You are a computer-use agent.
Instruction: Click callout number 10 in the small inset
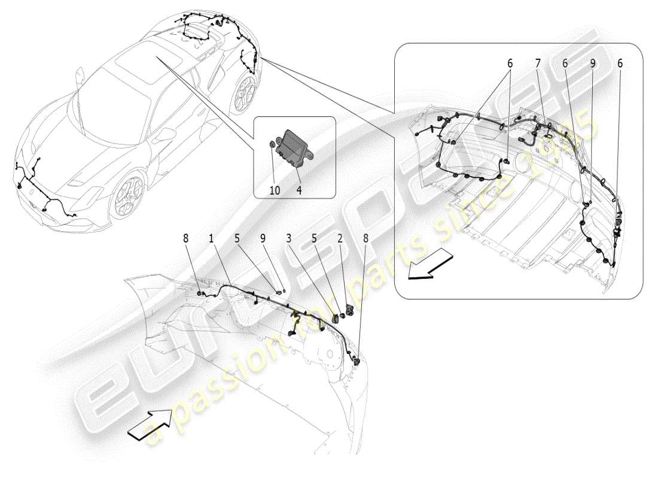point(275,190)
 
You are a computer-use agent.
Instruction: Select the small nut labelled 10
point(272,144)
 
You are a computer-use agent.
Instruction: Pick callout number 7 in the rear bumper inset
point(538,63)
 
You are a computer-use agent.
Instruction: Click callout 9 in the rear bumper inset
point(593,63)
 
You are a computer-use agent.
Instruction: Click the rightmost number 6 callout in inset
point(620,63)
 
